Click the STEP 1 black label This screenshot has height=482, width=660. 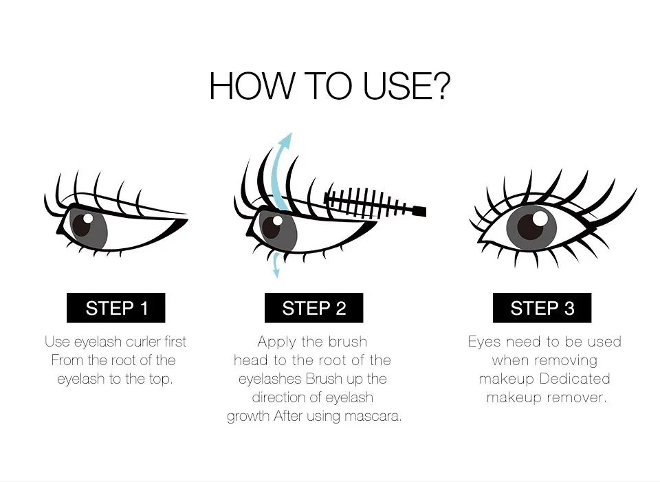pyautogui.click(x=116, y=308)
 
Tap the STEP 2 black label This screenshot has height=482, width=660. pyautogui.click(x=313, y=308)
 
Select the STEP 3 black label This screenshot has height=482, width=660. pyautogui.click(x=542, y=308)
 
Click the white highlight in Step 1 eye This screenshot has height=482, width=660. pyautogui.click(x=88, y=218)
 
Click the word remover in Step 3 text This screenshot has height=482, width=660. pyautogui.click(x=580, y=397)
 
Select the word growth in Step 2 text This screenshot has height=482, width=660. pyautogui.click(x=249, y=416)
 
